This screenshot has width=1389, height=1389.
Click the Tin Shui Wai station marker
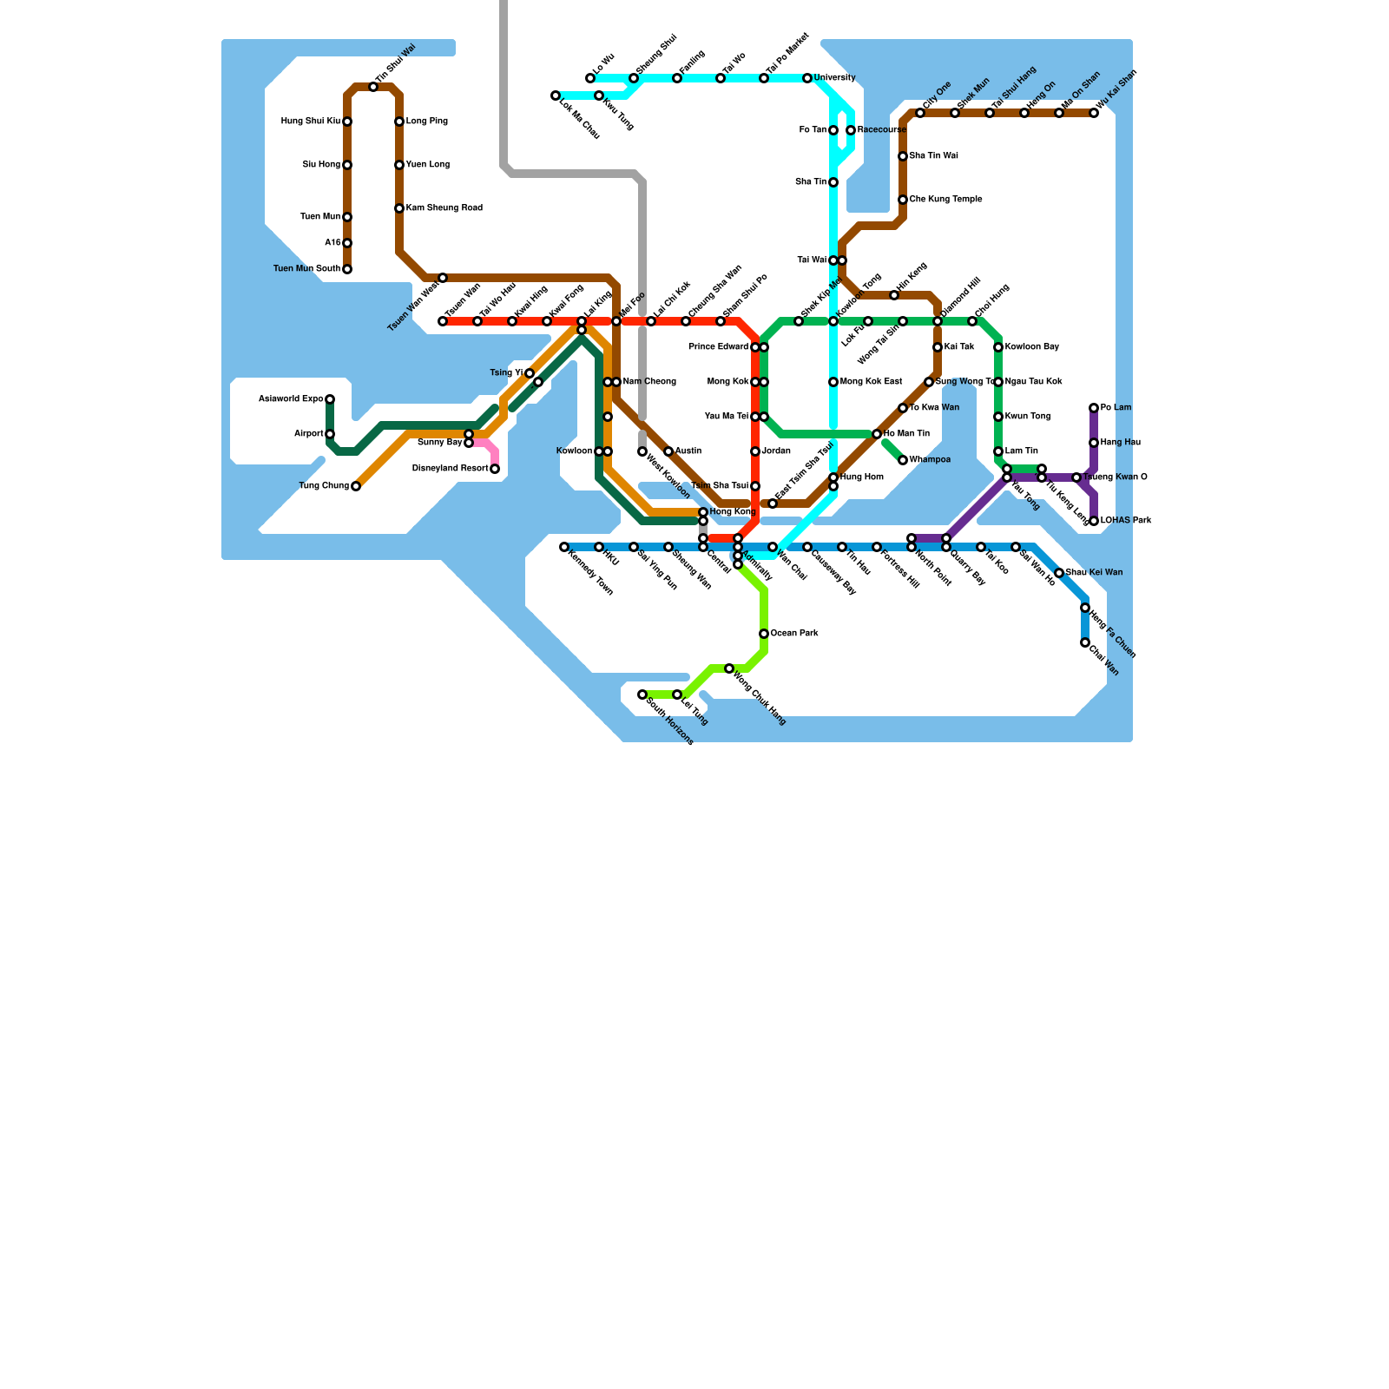coord(373,87)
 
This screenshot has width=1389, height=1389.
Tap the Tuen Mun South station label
coord(306,269)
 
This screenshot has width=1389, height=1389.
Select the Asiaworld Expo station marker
coord(330,399)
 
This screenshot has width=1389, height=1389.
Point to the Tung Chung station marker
coord(356,486)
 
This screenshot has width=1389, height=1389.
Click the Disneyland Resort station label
coord(450,469)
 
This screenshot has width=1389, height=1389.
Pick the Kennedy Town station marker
coord(564,547)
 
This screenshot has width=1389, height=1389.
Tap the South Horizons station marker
coord(642,694)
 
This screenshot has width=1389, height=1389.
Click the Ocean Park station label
coord(794,634)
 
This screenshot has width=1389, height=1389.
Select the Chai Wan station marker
coord(1085,642)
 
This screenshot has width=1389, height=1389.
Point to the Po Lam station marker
coord(1094,408)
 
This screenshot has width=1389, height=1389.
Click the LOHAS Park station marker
coord(1094,521)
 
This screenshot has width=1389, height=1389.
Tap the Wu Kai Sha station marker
coord(1094,113)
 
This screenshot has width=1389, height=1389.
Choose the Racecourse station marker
coord(851,130)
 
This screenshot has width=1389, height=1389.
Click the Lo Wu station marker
coord(590,78)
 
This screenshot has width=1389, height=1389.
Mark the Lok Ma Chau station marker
coord(556,95)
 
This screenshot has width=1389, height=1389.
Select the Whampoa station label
coord(930,460)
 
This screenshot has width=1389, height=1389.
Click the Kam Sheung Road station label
coord(444,208)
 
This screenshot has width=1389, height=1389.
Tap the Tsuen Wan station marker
coord(443,321)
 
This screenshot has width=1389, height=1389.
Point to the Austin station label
coord(688,451)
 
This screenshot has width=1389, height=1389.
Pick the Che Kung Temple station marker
coord(903,200)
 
